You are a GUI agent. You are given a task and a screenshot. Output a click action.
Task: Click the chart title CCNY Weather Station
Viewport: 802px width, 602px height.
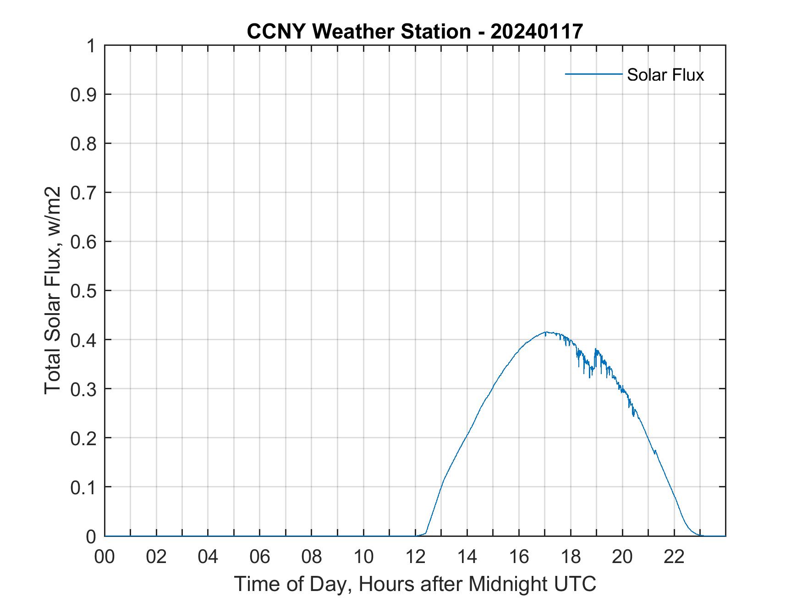[x=358, y=32]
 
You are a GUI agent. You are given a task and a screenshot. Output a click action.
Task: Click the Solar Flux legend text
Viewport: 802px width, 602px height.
[x=665, y=75]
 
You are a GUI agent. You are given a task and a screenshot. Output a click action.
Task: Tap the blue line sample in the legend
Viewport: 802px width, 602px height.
[x=593, y=74]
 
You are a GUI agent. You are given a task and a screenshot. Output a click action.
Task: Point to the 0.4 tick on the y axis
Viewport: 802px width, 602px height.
[x=84, y=340]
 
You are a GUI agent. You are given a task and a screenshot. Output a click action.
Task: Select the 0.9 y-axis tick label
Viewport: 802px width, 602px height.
[x=84, y=94]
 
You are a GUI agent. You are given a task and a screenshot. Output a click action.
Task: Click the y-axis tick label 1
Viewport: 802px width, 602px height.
[x=91, y=46]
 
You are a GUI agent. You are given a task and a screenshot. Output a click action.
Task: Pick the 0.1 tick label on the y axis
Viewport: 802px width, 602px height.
[x=84, y=487]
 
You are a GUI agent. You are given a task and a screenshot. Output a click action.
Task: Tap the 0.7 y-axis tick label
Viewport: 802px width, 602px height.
[x=84, y=193]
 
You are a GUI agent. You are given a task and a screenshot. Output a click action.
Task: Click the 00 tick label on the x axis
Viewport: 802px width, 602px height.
[x=104, y=557]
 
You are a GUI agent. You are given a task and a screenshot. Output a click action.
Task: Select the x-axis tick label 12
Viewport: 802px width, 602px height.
[x=415, y=557]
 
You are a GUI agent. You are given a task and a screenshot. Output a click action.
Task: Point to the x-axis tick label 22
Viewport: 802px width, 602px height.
[x=674, y=557]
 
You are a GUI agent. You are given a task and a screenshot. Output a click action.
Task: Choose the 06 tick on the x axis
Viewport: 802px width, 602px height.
[x=260, y=557]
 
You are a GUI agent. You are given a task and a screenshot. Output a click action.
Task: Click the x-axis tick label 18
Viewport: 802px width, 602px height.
[x=571, y=557]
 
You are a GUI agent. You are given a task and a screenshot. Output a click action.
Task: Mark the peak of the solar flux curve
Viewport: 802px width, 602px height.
[x=545, y=331]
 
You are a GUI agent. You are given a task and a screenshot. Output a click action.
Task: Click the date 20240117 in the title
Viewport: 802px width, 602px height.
[x=536, y=32]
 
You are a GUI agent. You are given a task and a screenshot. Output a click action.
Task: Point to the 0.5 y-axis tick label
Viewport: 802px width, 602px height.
[x=84, y=291]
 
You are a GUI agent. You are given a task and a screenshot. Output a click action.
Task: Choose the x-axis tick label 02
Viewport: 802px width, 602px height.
[x=156, y=557]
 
